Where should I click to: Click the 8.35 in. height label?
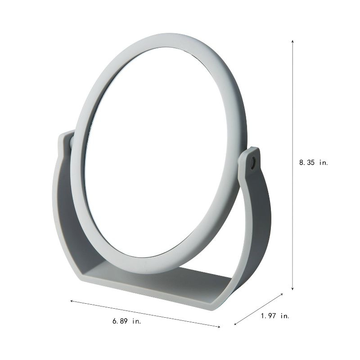tap(314, 163)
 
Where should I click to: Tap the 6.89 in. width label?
tap(130, 321)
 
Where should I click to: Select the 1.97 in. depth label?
tap(275, 316)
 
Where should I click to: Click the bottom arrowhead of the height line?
tap(293, 289)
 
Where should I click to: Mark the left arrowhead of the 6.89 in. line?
tap(71, 300)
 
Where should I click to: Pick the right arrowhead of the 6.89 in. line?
tap(219, 327)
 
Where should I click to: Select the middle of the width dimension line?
tap(145, 314)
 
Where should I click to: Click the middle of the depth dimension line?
tap(259, 309)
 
